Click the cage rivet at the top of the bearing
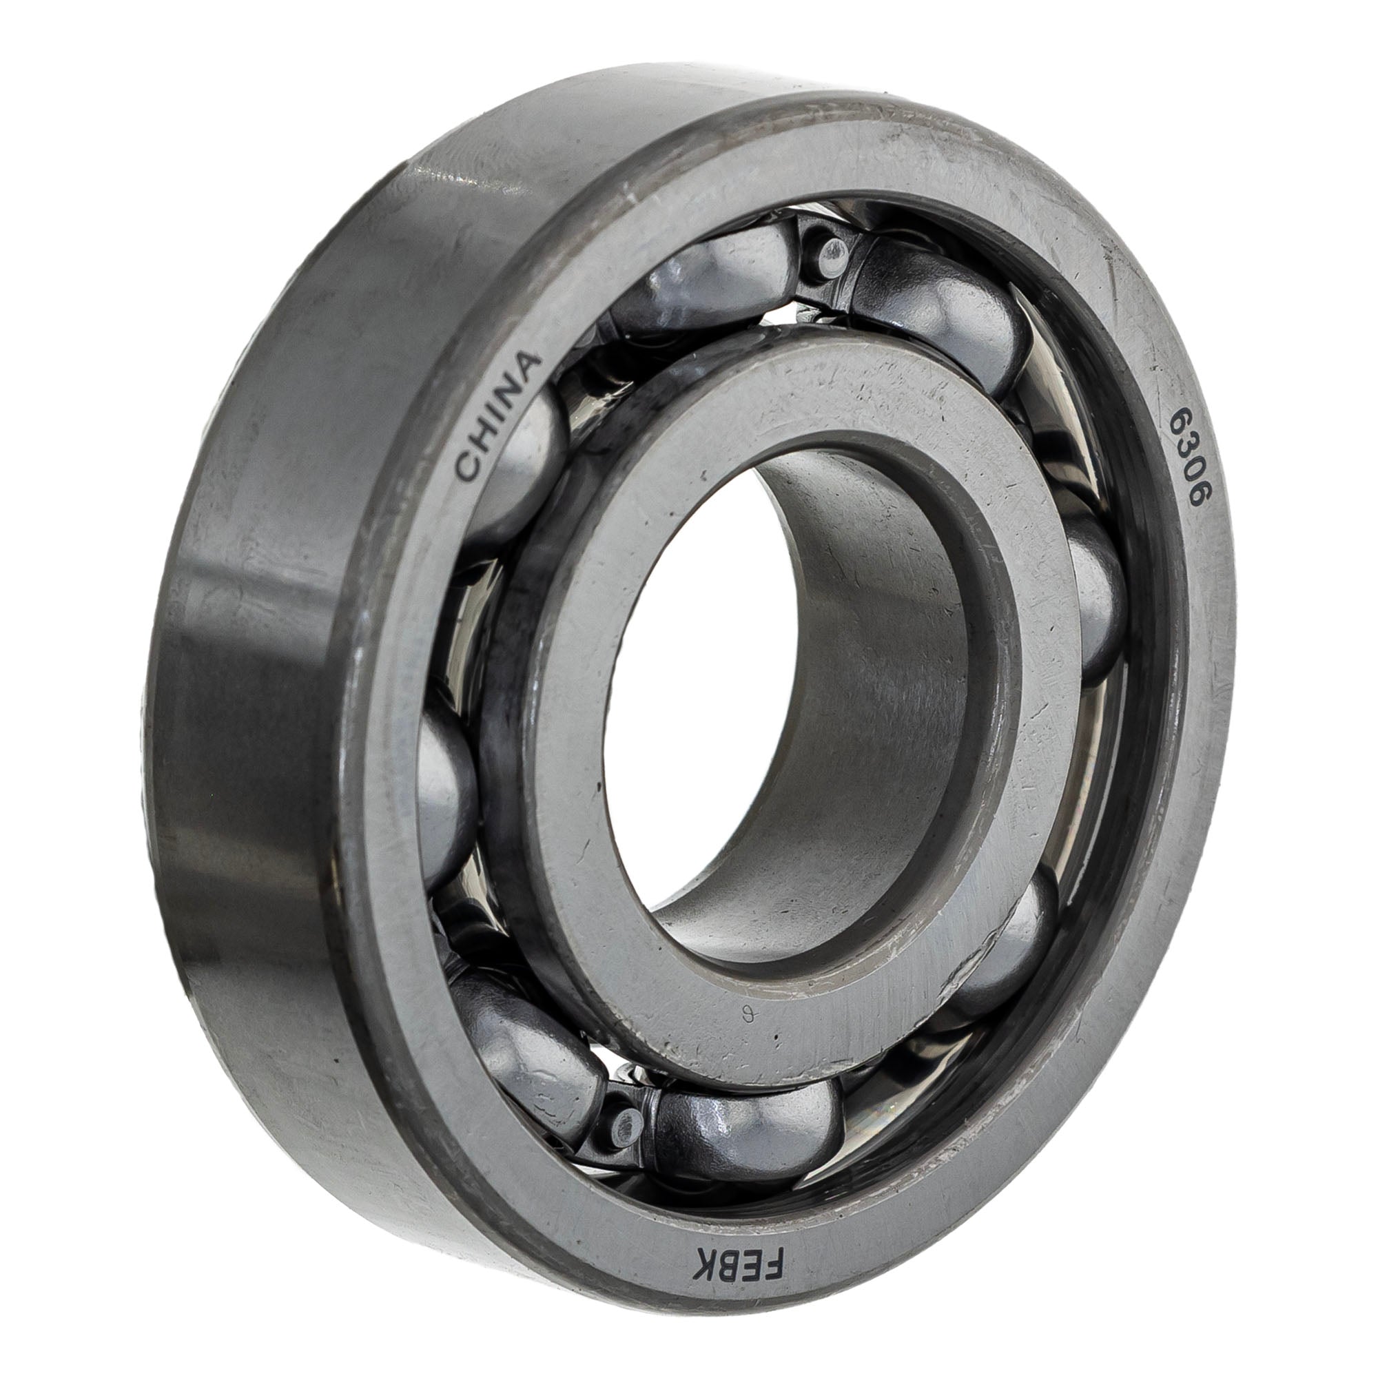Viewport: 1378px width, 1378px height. pyautogui.click(x=832, y=251)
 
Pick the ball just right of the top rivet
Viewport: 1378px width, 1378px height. pyautogui.click(x=941, y=313)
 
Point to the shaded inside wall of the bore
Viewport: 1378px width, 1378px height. pyautogui.click(x=877, y=642)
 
